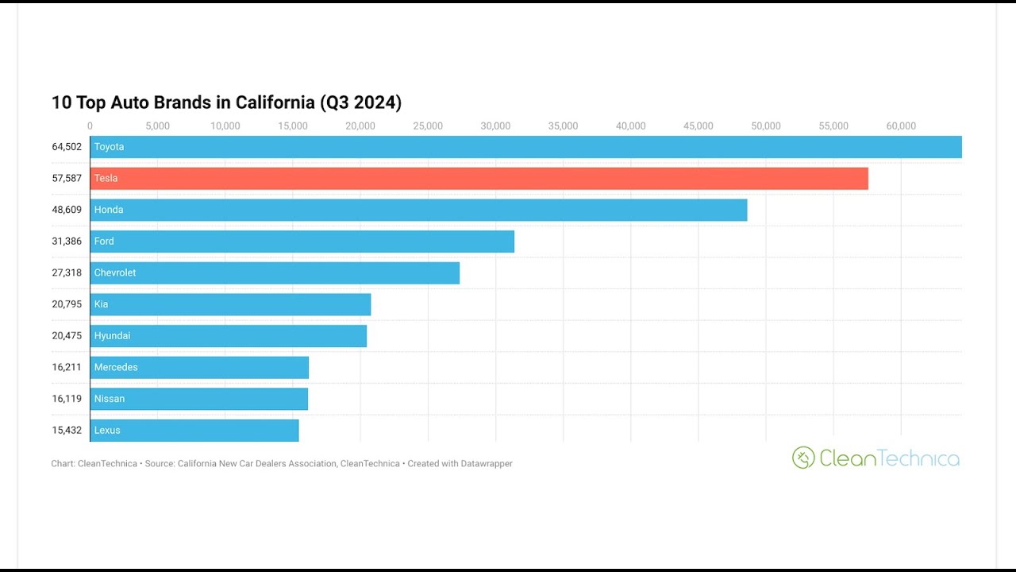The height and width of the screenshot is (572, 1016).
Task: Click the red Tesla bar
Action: (x=479, y=179)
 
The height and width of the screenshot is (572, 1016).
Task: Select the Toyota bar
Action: (x=526, y=147)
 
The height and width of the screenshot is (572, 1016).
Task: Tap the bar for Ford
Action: (x=302, y=242)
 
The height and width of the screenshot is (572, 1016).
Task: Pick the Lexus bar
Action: (x=194, y=431)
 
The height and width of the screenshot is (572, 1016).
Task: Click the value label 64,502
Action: (x=67, y=147)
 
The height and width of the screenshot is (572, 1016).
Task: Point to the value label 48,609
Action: (x=67, y=210)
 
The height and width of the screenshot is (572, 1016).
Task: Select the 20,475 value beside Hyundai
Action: (x=67, y=335)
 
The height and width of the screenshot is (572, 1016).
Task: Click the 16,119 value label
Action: (x=67, y=399)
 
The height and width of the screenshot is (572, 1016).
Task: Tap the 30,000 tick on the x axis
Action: (x=495, y=126)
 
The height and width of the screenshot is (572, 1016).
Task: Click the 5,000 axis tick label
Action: (x=157, y=126)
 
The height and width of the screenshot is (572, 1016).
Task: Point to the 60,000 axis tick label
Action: (x=901, y=126)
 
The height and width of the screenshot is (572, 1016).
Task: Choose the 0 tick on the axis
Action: (x=90, y=126)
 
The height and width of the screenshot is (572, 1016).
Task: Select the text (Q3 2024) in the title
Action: (x=360, y=102)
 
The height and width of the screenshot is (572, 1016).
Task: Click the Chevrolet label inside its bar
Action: (x=115, y=272)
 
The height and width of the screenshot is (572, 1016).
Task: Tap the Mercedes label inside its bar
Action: (x=116, y=367)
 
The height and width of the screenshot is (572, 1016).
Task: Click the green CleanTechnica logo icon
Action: (x=803, y=457)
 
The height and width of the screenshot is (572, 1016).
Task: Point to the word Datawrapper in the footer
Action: (x=487, y=463)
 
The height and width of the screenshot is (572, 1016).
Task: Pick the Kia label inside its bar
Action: (x=101, y=304)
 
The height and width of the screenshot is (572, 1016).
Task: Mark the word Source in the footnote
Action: (x=160, y=463)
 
